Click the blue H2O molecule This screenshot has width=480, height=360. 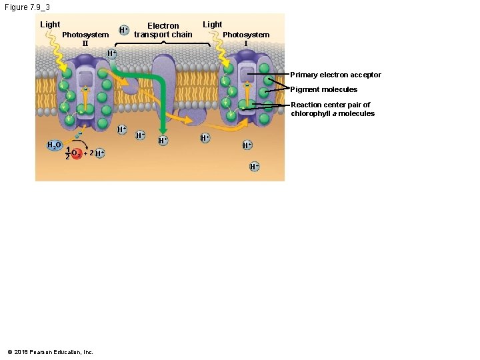pyautogui.click(x=54, y=145)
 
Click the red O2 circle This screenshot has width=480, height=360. pyautogui.click(x=77, y=154)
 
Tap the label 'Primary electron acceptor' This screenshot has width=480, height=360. pyautogui.click(x=335, y=75)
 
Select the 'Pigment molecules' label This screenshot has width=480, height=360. pyautogui.click(x=323, y=89)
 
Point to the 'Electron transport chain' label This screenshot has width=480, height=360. pyautogui.click(x=163, y=30)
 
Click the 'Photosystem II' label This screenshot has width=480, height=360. pyautogui.click(x=85, y=39)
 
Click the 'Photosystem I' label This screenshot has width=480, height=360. pyautogui.click(x=246, y=39)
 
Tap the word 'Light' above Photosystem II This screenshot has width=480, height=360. pyautogui.click(x=50, y=25)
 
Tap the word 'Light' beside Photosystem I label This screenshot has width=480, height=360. pyautogui.click(x=212, y=25)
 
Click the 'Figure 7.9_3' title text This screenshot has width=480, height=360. pyautogui.click(x=31, y=7)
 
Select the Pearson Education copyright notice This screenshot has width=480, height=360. pyautogui.click(x=50, y=351)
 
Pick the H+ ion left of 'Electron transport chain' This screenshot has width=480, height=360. pyautogui.click(x=123, y=30)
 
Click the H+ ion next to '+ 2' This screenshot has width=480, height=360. pyautogui.click(x=99, y=153)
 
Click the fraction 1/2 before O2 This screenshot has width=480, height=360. pyautogui.click(x=67, y=153)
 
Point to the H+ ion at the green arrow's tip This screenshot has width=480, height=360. pyautogui.click(x=162, y=141)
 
